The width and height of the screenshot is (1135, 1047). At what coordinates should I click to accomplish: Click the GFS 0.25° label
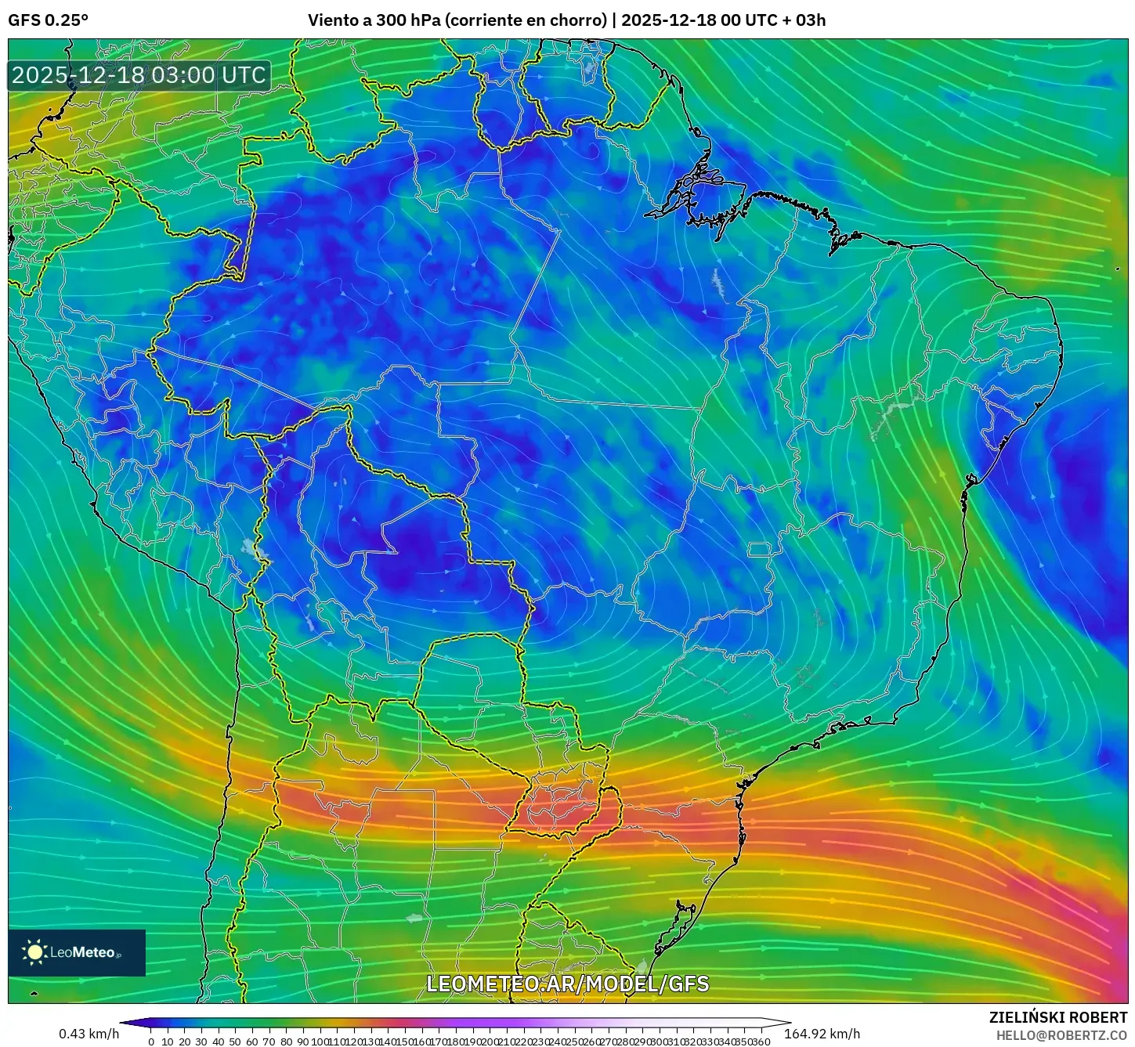point(48,20)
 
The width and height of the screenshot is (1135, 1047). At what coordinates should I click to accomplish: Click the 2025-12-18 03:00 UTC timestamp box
point(139,75)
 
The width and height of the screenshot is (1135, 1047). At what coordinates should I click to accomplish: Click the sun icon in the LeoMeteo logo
point(34,951)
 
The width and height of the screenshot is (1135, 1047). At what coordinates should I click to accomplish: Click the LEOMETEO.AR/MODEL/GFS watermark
point(567,984)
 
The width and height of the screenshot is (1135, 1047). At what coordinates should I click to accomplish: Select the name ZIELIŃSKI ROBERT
point(1058,1017)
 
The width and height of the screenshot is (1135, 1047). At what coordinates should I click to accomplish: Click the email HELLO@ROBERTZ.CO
point(1061,1034)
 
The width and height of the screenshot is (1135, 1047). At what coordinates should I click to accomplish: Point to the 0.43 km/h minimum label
point(89,1034)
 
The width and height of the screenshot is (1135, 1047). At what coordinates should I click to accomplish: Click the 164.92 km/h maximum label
point(822,1034)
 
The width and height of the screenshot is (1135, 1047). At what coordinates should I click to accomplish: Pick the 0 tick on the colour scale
point(151,1042)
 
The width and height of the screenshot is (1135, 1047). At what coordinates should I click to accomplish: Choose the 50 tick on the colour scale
point(235,1042)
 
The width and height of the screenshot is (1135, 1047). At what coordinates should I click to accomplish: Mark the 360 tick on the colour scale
point(760,1042)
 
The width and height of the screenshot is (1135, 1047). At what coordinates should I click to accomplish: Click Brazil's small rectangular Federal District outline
point(760,549)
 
